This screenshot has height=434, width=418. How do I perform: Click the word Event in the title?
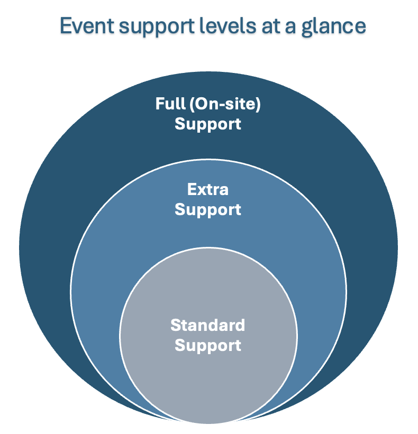pyautogui.click(x=87, y=26)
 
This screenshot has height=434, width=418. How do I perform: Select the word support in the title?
pyautogui.click(x=157, y=27)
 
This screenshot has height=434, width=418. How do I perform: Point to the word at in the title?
pyautogui.click(x=270, y=26)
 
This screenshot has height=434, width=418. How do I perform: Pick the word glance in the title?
pyautogui.click(x=333, y=27)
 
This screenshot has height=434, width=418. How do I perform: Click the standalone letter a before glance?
pyautogui.click(x=290, y=28)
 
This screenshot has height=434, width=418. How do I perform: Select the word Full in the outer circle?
pyautogui.click(x=170, y=104)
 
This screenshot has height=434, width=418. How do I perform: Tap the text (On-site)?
pyautogui.click(x=225, y=104)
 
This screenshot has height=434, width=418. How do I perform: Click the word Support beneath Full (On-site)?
pyautogui.click(x=208, y=124)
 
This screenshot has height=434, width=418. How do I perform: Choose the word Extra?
pyautogui.click(x=208, y=189)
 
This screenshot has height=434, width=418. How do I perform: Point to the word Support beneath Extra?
pyautogui.click(x=208, y=209)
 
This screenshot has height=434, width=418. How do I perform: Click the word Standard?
pyautogui.click(x=208, y=325)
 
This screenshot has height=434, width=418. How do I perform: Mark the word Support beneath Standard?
pyautogui.click(x=208, y=345)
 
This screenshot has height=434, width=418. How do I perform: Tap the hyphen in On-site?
pyautogui.click(x=220, y=105)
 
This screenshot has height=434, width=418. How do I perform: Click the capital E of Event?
pyautogui.click(x=66, y=26)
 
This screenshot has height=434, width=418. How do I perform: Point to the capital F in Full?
pyautogui.click(x=160, y=104)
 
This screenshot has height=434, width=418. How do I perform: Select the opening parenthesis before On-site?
pyautogui.click(x=192, y=104)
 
